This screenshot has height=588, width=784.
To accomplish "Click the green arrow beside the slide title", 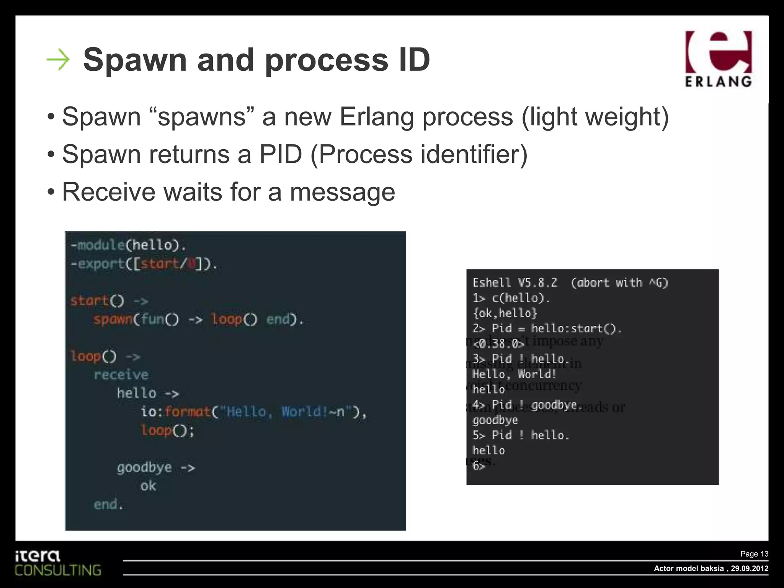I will tap(58, 60).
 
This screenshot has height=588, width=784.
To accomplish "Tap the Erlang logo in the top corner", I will tap(718, 59).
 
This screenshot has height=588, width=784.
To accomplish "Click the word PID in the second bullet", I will tap(281, 154).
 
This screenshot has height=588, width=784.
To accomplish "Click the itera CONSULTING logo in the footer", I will tap(57, 563).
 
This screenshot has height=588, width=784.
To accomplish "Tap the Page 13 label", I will tap(754, 554).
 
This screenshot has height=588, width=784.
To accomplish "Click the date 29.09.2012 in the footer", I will tap(750, 568).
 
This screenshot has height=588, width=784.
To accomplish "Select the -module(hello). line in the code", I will tap(128, 245).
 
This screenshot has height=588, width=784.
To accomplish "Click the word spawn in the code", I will tap(113, 319).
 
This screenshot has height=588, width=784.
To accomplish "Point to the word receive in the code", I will tap(121, 375).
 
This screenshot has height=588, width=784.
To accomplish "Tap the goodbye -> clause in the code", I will tap(156, 468).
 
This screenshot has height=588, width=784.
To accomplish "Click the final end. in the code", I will tap(108, 505).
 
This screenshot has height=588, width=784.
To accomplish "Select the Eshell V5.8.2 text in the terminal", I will tap(515, 283).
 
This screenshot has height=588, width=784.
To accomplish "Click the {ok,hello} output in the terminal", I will tap(505, 313).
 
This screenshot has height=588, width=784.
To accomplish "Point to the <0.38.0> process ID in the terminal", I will tap(498, 344).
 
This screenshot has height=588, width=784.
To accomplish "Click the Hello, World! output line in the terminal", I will tap(514, 374).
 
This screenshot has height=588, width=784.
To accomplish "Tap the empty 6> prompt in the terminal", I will tap(479, 465).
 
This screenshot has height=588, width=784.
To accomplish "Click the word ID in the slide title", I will tap(414, 60).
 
